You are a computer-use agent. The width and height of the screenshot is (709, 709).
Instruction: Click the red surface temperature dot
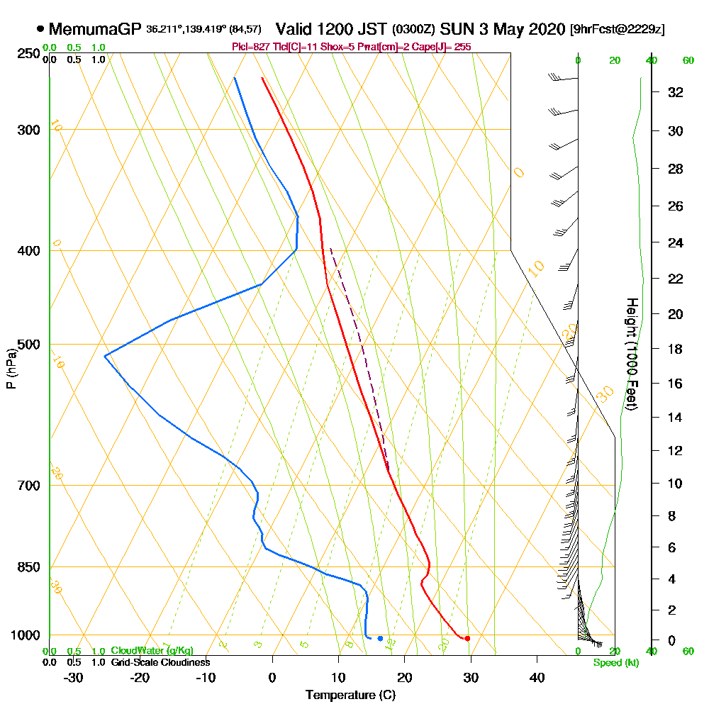click(467, 639)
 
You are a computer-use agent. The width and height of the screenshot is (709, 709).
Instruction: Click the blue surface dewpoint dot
click(380, 639)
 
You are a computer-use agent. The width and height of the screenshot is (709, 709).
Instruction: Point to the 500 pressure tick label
click(28, 345)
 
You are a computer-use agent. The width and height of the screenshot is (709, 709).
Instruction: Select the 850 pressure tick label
click(28, 567)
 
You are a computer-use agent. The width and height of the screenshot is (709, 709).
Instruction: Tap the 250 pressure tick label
click(28, 54)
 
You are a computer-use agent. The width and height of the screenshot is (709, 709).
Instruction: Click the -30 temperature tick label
click(74, 677)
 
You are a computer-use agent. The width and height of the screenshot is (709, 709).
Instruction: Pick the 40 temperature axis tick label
click(537, 677)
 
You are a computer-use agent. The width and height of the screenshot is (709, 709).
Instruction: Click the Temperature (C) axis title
click(350, 696)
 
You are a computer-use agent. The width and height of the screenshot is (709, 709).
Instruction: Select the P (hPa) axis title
click(11, 368)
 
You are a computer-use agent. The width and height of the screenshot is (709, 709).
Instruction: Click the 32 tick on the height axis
click(676, 92)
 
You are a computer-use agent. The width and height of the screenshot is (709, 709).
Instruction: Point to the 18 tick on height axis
click(676, 349)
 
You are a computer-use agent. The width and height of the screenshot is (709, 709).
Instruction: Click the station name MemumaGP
click(96, 30)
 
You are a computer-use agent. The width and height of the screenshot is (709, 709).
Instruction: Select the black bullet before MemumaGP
click(40, 30)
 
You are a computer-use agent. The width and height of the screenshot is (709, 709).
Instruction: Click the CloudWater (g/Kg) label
click(152, 651)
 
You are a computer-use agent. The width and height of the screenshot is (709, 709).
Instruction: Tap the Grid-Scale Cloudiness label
click(160, 662)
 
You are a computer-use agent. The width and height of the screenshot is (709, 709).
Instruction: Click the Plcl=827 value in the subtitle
click(250, 47)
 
